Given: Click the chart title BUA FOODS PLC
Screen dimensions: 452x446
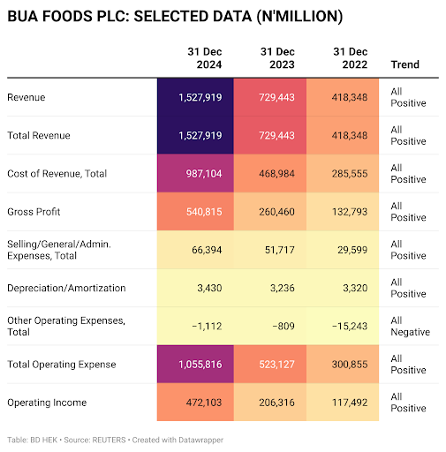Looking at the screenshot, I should click(175, 18).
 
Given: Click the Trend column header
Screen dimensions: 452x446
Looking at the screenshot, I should click(405, 64).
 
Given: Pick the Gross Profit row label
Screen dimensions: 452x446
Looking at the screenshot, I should click(34, 212).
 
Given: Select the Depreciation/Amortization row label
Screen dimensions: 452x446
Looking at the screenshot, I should click(65, 288).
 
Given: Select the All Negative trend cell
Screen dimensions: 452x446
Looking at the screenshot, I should click(410, 326).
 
